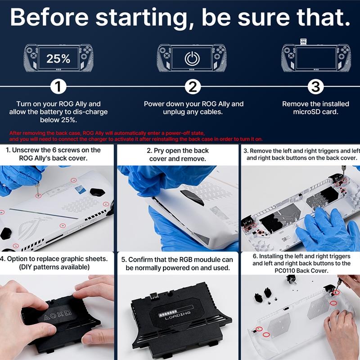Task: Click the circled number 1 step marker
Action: click(x=58, y=86)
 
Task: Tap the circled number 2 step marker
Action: click(x=193, y=86)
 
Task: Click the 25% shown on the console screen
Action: click(x=58, y=58)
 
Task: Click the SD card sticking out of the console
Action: click(x=303, y=41)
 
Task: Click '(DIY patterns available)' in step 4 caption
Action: click(x=54, y=267)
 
